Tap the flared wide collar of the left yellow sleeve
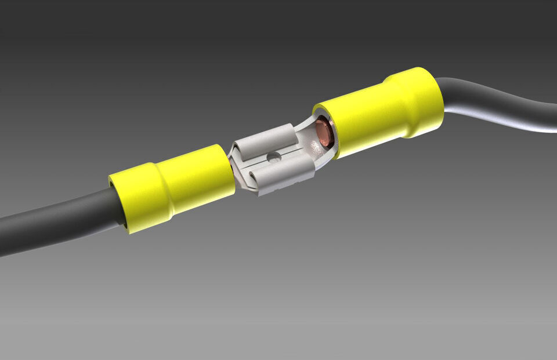click(x=136, y=197)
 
